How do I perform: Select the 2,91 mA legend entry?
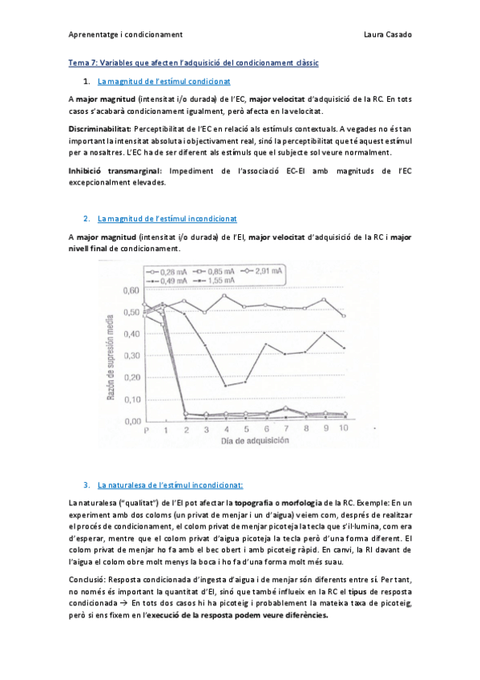[x=265, y=272]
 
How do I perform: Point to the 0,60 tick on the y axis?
[x=129, y=291]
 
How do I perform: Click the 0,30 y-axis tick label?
[x=129, y=355]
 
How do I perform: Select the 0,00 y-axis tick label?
[x=129, y=420]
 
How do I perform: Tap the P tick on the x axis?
[x=146, y=431]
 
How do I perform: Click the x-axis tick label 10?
[x=344, y=430]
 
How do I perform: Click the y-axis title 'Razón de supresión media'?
[x=113, y=357]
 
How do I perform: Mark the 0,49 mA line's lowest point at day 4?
[x=225, y=386]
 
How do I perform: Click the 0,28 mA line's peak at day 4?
[x=224, y=295]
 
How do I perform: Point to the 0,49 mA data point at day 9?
[x=324, y=333]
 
